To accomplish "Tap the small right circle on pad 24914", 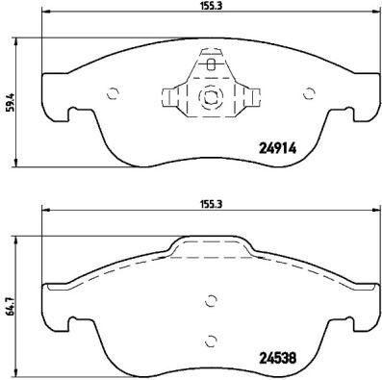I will [309, 93].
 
